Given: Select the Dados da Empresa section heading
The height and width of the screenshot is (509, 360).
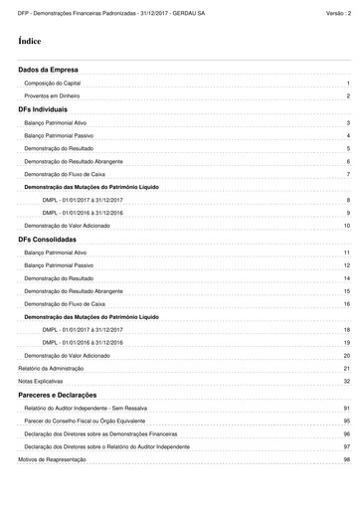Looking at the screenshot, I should [x=49, y=71].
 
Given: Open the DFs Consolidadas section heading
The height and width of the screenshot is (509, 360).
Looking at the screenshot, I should [x=48, y=240].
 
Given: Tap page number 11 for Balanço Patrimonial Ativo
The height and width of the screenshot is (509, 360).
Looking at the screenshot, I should [x=347, y=253].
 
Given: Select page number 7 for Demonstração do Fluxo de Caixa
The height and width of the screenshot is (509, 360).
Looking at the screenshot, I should [x=348, y=174].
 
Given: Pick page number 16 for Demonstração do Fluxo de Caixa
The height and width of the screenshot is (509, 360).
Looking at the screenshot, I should [x=347, y=304].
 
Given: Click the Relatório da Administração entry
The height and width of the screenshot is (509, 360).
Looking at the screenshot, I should [x=50, y=368].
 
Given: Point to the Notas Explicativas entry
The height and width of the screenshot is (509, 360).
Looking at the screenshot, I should [x=39, y=382].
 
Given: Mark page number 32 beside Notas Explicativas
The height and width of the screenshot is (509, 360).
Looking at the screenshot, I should [x=347, y=382].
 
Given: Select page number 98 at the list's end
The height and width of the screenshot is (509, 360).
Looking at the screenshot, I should [x=347, y=460].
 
